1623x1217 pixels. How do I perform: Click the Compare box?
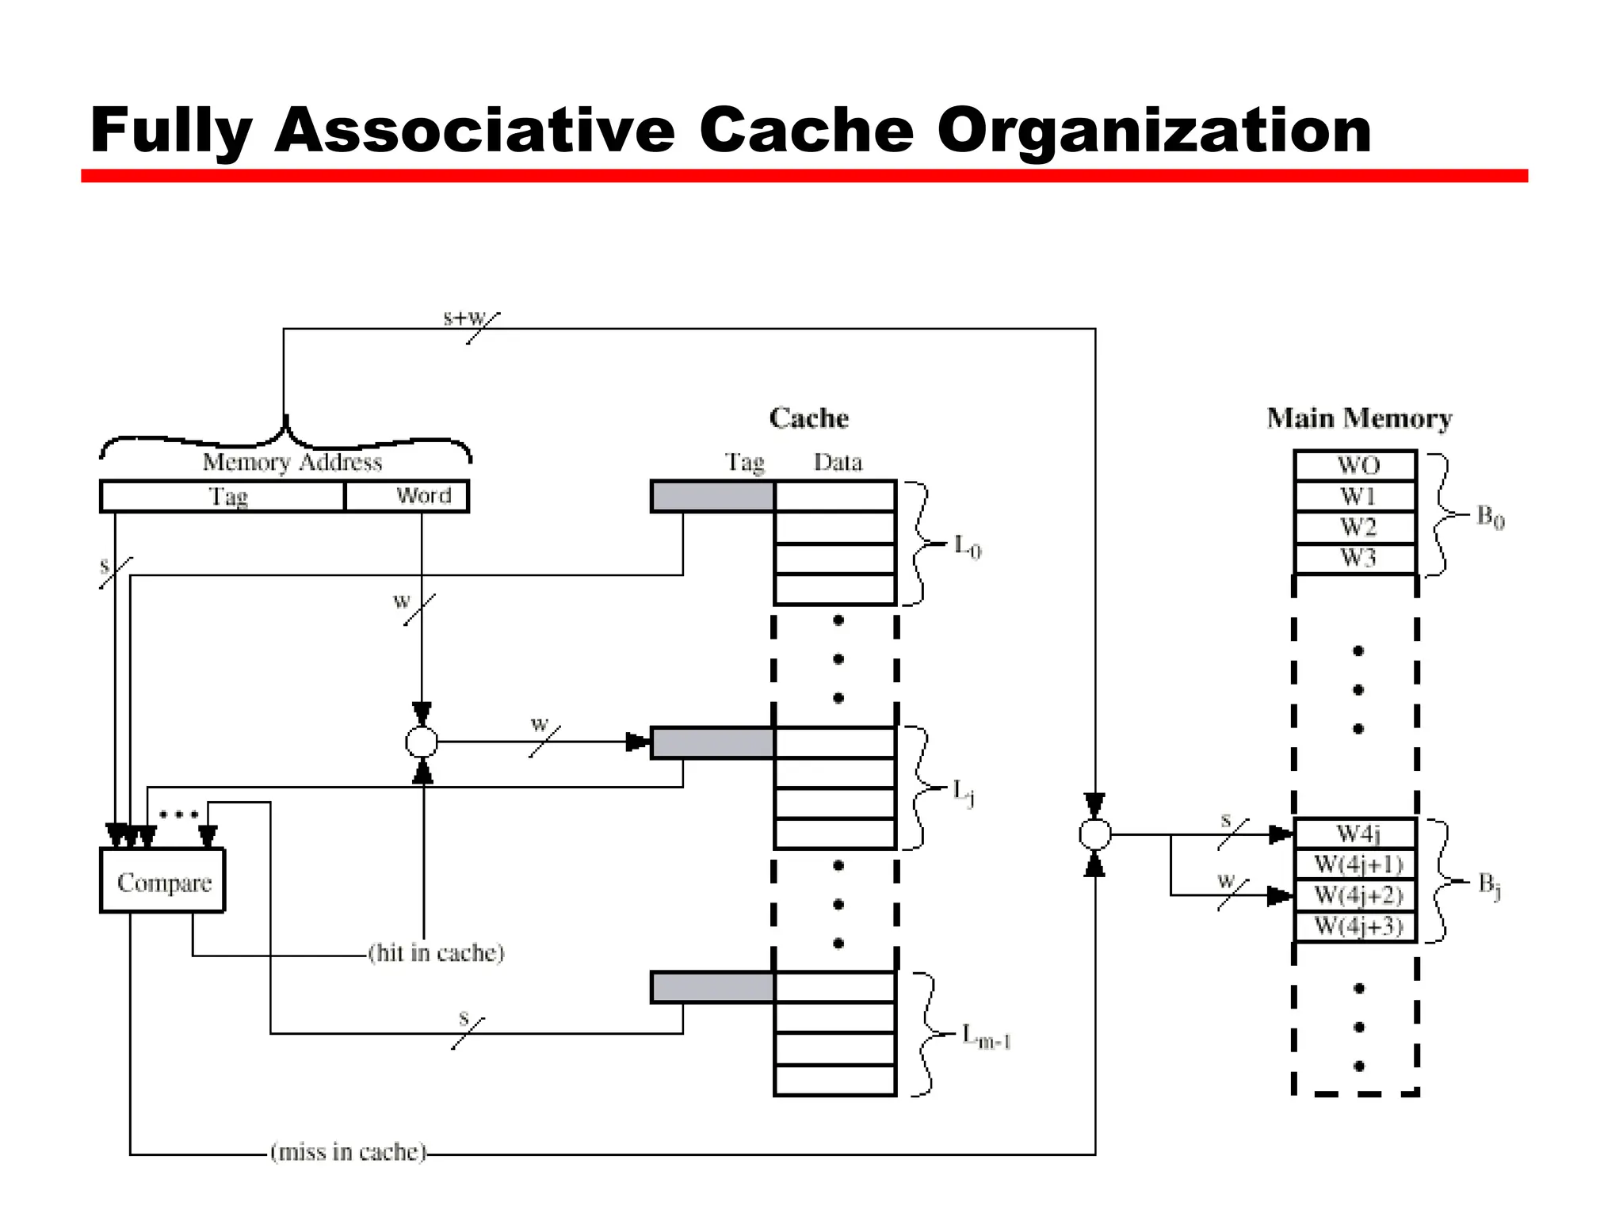[162, 881]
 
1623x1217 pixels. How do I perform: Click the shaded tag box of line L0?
[712, 496]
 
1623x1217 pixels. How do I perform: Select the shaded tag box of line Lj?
[712, 742]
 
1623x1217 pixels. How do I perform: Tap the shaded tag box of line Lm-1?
[712, 987]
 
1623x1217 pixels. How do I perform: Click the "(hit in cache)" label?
[436, 952]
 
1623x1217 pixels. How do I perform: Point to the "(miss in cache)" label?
[349, 1151]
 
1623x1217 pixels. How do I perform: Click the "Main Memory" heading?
[1359, 418]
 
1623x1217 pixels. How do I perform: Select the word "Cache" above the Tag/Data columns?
[808, 418]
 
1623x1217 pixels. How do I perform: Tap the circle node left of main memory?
[1095, 834]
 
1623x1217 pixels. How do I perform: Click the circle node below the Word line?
[422, 742]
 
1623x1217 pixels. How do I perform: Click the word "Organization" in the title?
[1154, 131]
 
